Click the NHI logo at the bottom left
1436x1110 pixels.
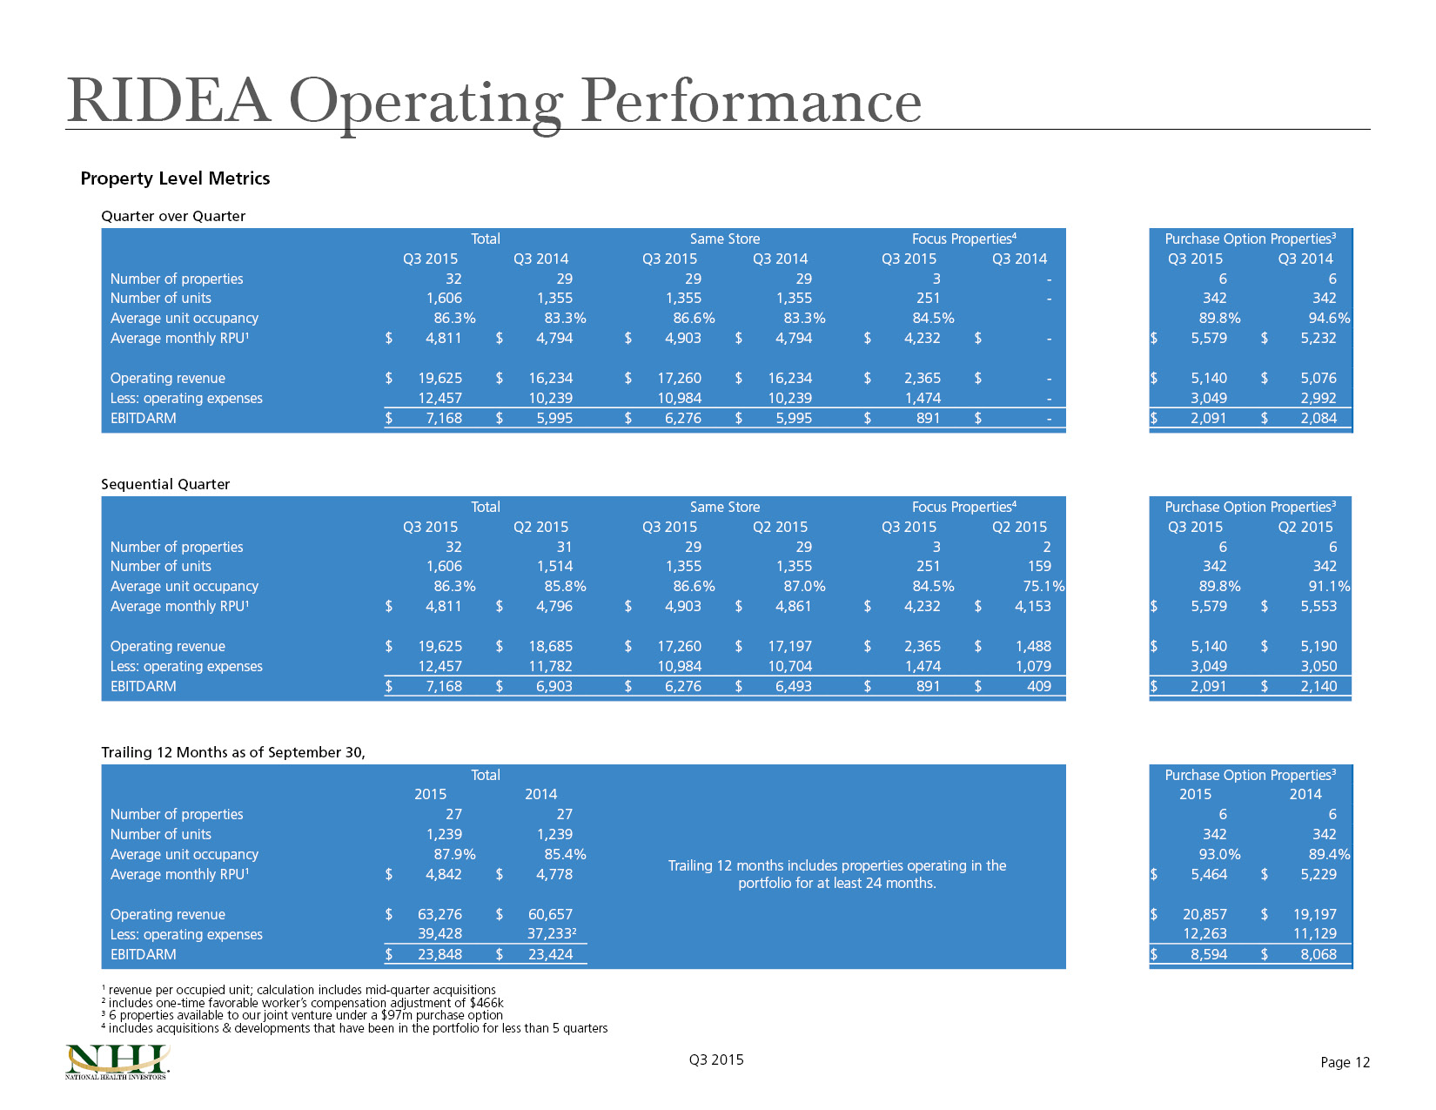117,1061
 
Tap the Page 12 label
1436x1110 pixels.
1345,1062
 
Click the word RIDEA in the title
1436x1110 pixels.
169,100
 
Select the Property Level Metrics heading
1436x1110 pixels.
175,178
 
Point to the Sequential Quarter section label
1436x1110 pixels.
165,484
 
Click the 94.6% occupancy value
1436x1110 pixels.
1330,318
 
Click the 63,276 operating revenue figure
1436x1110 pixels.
440,914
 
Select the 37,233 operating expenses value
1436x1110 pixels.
552,933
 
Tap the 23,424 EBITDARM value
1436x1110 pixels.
551,954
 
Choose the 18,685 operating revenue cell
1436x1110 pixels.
551,646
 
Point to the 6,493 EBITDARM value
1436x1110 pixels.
793,686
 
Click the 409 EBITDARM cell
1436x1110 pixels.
1039,686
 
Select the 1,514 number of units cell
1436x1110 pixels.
554,566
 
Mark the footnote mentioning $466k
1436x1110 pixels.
303,1002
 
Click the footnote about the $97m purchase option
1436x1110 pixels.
302,1015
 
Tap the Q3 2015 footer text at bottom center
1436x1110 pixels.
716,1060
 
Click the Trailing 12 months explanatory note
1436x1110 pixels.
836,874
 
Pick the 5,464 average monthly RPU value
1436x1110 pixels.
1208,874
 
